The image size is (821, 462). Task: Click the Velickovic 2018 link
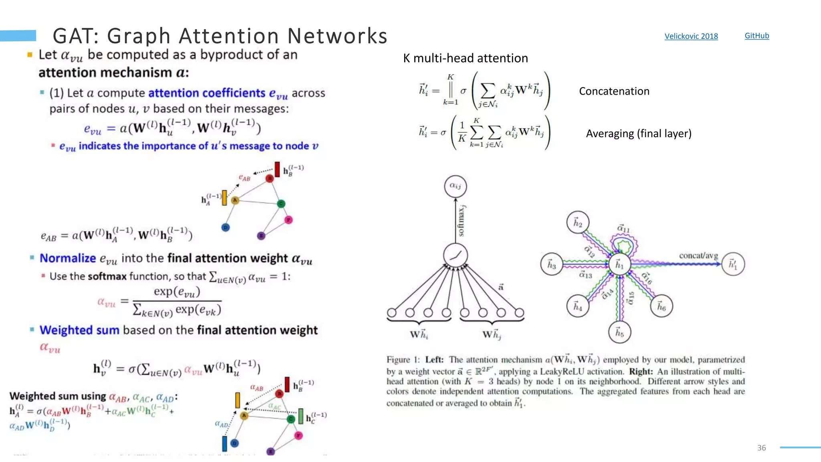pyautogui.click(x=691, y=36)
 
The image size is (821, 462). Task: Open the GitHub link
pyautogui.click(x=756, y=36)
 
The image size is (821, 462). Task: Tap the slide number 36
pyautogui.click(x=761, y=448)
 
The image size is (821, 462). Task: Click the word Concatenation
pyautogui.click(x=614, y=91)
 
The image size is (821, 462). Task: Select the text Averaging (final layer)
pyautogui.click(x=639, y=134)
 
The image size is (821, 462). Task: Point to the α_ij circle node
pyautogui.click(x=455, y=186)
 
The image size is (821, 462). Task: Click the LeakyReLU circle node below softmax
pyautogui.click(x=455, y=255)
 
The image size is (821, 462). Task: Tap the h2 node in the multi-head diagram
pyautogui.click(x=578, y=222)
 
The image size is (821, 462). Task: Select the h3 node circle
pyautogui.click(x=552, y=264)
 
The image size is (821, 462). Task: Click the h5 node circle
pyautogui.click(x=619, y=332)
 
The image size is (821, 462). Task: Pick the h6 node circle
pyautogui.click(x=661, y=306)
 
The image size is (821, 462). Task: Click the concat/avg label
pyautogui.click(x=698, y=255)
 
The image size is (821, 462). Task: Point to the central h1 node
pyautogui.click(x=619, y=264)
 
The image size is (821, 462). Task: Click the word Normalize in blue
pyautogui.click(x=68, y=258)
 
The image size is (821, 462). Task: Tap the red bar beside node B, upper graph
pyautogui.click(x=277, y=170)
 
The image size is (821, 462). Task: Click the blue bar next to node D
pyautogui.click(x=224, y=444)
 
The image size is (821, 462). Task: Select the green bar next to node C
pyautogui.click(x=301, y=417)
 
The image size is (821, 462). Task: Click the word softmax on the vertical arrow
pyautogui.click(x=461, y=221)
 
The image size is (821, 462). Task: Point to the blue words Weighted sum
pyautogui.click(x=79, y=330)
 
